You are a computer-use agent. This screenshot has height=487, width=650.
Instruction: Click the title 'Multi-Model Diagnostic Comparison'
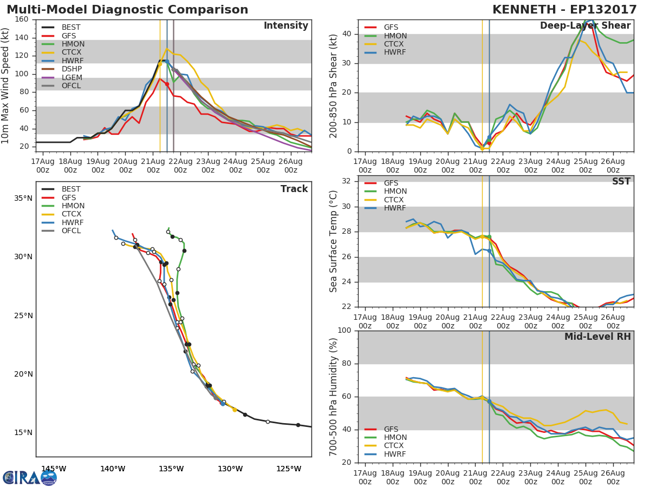[x=127, y=10]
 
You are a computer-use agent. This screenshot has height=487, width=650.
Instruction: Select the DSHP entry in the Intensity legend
[x=71, y=69]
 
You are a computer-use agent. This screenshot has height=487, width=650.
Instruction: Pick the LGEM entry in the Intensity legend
[x=71, y=77]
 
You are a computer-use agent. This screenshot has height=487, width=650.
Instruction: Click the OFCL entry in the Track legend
[x=71, y=231]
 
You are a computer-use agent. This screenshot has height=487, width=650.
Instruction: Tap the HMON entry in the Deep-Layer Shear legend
[x=395, y=36]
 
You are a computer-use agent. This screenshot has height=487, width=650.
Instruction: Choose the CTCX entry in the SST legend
[x=395, y=200]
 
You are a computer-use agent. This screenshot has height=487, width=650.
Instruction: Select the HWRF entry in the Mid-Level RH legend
[x=395, y=454]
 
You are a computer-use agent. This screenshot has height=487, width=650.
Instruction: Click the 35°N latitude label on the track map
[x=23, y=198]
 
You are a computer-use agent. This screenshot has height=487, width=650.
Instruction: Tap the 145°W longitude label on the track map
[x=54, y=469]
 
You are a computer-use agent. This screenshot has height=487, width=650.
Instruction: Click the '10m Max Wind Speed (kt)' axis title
[x=6, y=85]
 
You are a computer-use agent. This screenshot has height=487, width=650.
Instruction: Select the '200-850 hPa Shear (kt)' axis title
[x=334, y=85]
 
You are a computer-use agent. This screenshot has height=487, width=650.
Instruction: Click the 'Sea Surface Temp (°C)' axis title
[x=334, y=241]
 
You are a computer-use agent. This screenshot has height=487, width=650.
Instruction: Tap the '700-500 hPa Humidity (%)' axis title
[x=334, y=397]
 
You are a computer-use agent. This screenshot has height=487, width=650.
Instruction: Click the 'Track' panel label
[x=294, y=189]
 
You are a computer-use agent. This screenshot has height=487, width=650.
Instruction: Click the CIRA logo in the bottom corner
[x=29, y=477]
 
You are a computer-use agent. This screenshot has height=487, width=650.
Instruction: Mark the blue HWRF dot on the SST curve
[x=489, y=251]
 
